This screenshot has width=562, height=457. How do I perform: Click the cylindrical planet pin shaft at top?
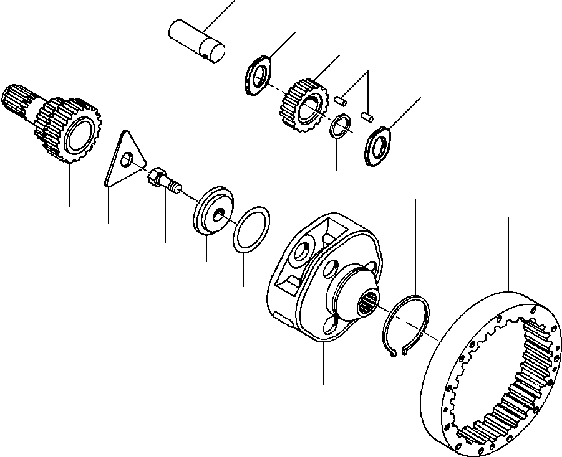tap(196, 39)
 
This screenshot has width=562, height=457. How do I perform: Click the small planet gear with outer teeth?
tap(301, 105)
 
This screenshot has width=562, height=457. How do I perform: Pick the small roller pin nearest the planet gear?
tap(341, 98)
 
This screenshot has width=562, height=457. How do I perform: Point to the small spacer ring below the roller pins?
tap(339, 126)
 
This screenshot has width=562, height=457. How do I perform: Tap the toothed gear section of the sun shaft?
tap(69, 130)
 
